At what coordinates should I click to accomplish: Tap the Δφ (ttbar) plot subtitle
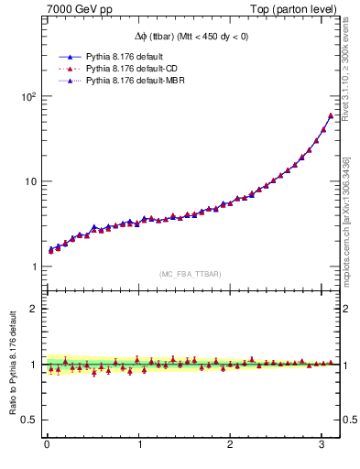pos(190,37)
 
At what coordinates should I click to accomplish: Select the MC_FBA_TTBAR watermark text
pos(190,275)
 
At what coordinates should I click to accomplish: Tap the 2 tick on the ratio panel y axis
pos(32,309)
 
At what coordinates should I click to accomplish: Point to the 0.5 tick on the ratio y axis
pos(28,420)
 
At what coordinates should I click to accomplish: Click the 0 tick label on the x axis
pos(47,446)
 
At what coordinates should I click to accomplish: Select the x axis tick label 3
pos(322,446)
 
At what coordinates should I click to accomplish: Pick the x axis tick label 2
pos(230,446)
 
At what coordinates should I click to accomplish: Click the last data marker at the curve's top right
pos(330,115)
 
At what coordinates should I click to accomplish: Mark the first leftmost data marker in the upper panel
pos(51,249)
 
